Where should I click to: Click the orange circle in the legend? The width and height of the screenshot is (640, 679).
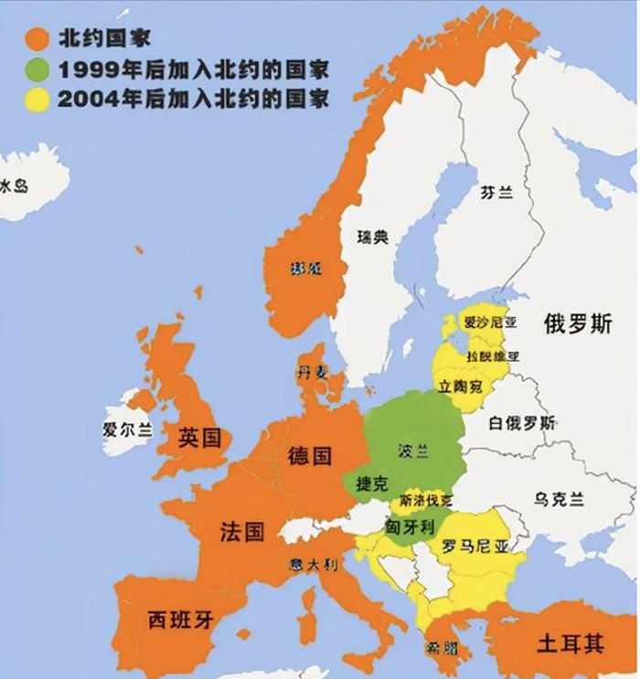(36, 38)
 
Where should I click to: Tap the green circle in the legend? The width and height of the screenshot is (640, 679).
(36, 69)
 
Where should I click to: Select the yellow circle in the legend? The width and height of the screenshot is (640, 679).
(36, 99)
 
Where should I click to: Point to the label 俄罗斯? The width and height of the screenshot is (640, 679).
(576, 324)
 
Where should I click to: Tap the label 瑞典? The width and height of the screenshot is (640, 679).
(372, 238)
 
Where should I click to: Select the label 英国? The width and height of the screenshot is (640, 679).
(199, 438)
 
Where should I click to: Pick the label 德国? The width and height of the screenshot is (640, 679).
(309, 455)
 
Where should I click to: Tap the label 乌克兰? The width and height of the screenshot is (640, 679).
(559, 498)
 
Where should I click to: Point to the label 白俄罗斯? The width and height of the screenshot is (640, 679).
(521, 423)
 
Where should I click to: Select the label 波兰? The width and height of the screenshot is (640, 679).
(413, 451)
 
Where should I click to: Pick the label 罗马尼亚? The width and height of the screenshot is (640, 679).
(474, 546)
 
